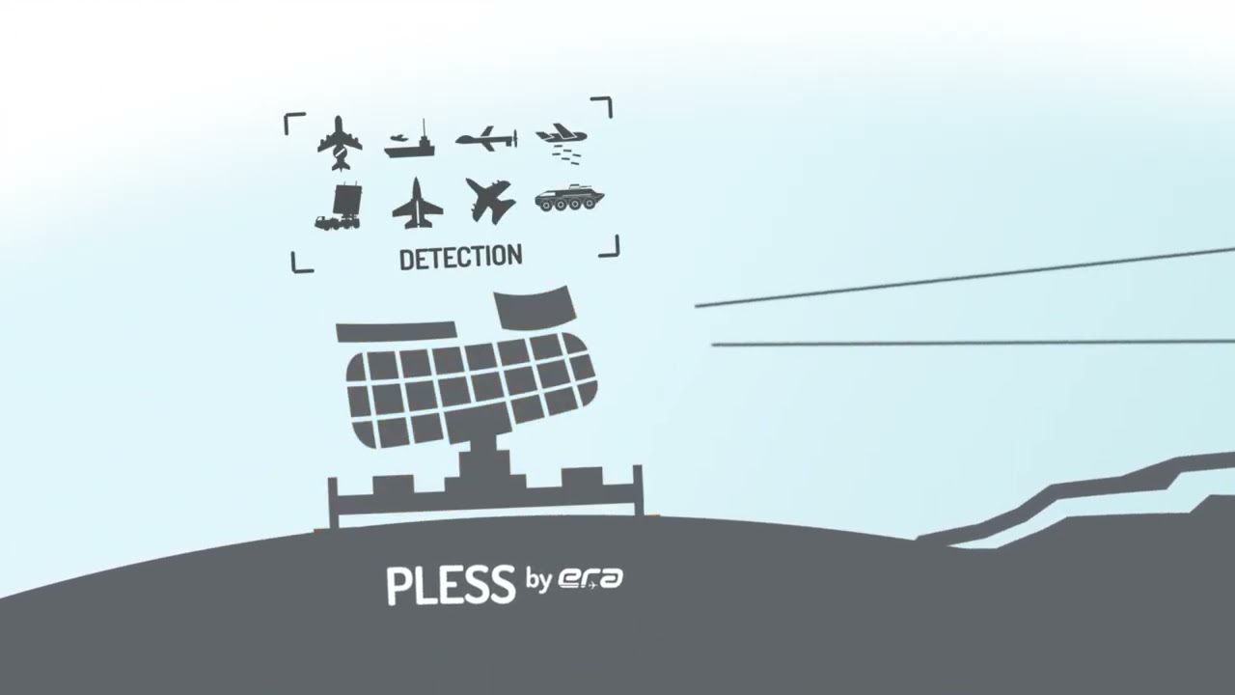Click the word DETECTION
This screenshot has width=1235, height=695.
(461, 258)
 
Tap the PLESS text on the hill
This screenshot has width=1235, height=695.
(451, 585)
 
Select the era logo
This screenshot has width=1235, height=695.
(590, 578)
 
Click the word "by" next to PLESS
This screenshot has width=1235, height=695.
(538, 581)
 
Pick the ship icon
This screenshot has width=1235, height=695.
(409, 141)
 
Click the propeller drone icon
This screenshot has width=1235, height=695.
(487, 138)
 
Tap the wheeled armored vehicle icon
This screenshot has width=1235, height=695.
(569, 199)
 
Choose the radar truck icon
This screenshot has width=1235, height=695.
(339, 208)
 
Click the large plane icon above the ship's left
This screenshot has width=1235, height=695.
(340, 143)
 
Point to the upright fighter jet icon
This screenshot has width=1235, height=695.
(418, 204)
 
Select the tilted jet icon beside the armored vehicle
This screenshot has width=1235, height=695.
(489, 200)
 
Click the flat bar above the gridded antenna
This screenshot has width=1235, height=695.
(397, 331)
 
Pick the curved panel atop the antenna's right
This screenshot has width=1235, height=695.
(535, 307)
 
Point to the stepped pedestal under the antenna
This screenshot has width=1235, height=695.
(485, 486)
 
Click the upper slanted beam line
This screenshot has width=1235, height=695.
(965, 277)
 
